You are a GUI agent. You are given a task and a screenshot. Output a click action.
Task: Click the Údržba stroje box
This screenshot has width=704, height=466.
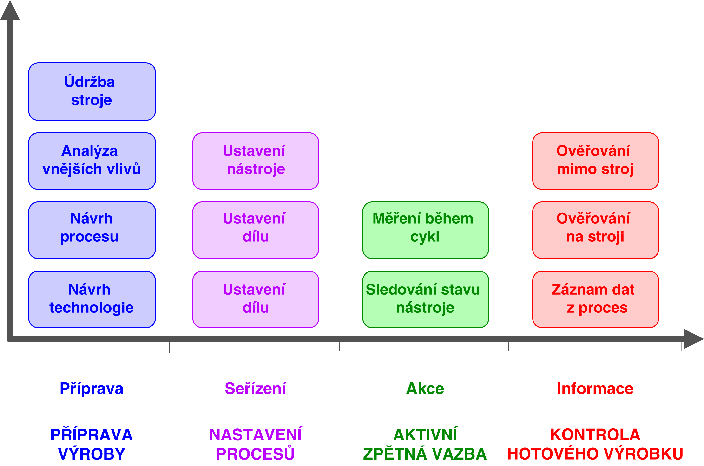(x=92, y=91)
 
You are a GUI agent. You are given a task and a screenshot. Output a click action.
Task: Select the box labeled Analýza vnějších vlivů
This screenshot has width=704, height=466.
(x=92, y=161)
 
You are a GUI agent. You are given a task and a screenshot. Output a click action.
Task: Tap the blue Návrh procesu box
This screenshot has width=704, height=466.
(x=92, y=230)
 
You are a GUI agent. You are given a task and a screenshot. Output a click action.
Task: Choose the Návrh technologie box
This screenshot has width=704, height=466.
(x=92, y=299)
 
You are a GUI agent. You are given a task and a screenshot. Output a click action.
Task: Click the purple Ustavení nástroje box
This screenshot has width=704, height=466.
(x=256, y=161)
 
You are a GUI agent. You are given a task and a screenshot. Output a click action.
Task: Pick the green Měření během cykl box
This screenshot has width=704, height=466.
(x=425, y=230)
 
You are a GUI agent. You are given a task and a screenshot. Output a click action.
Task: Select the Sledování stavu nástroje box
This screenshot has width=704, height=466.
(x=425, y=299)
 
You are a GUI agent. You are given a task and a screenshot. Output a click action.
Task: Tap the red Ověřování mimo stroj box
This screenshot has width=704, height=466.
(x=595, y=161)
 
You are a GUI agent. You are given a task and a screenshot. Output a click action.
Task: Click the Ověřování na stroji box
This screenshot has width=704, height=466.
(x=595, y=230)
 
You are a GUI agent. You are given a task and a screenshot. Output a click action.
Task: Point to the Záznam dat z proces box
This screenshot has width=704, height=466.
(x=595, y=299)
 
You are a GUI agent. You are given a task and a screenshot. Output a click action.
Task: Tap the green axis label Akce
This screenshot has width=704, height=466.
(x=425, y=388)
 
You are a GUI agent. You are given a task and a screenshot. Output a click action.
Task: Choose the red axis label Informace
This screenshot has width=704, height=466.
(x=595, y=388)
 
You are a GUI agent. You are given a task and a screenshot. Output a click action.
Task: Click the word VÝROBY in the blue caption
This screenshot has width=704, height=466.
(x=92, y=454)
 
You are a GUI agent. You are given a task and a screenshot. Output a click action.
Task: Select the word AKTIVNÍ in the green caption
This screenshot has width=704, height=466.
(x=425, y=434)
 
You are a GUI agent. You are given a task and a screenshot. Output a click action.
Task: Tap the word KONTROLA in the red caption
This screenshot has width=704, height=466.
(x=595, y=434)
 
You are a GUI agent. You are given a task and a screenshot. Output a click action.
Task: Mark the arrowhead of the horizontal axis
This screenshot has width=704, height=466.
(x=693, y=339)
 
